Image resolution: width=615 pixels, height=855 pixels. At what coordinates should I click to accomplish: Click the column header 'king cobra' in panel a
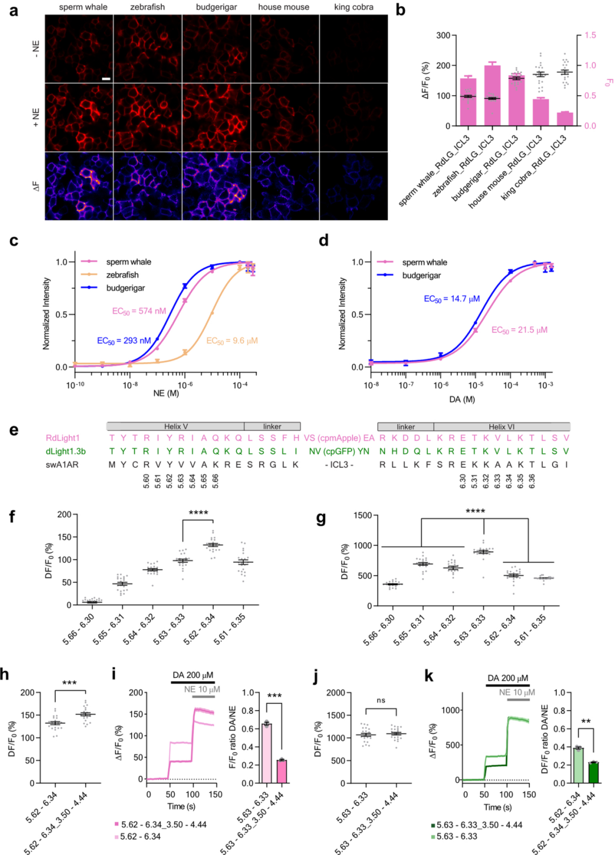(354, 7)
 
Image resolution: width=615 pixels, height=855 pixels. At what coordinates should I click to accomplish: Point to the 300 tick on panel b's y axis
(444, 35)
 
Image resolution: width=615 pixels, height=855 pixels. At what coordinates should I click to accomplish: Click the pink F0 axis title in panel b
(608, 83)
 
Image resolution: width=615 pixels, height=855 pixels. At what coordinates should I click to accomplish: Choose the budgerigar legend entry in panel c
(125, 288)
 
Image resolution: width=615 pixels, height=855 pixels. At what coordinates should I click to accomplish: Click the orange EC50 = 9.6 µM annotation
(232, 341)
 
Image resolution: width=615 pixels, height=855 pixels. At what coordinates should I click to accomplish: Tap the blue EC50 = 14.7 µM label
(452, 298)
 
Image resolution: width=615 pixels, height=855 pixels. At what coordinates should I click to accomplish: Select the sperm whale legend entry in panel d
(424, 263)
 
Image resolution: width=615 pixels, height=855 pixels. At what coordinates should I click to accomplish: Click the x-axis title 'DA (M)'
(462, 399)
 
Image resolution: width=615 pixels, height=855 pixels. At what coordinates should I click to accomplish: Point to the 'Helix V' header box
(175, 426)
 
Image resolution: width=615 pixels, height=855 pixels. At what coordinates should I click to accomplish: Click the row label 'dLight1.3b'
(65, 451)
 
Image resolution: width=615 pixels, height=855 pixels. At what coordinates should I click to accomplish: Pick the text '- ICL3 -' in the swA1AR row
(339, 464)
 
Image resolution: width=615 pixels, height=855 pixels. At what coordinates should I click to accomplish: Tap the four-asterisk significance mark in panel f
(198, 513)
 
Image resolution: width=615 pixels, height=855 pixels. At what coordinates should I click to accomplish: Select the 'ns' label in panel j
(381, 700)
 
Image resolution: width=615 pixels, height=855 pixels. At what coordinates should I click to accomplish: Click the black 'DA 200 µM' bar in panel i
(193, 681)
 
